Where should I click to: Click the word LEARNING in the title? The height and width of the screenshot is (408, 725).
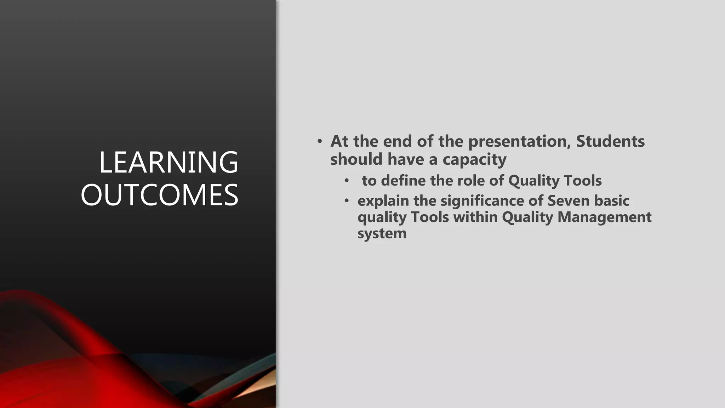169,163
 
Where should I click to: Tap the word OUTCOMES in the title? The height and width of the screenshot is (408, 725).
159,195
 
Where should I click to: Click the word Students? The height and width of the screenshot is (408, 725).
610,141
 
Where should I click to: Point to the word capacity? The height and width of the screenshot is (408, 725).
474,160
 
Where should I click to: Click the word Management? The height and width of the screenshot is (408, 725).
604,217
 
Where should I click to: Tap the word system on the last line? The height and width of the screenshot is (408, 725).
382,234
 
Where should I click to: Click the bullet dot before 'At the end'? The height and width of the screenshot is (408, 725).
320,142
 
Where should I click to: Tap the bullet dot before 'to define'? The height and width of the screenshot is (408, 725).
347,181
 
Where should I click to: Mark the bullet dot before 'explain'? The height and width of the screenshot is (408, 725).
347,201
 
